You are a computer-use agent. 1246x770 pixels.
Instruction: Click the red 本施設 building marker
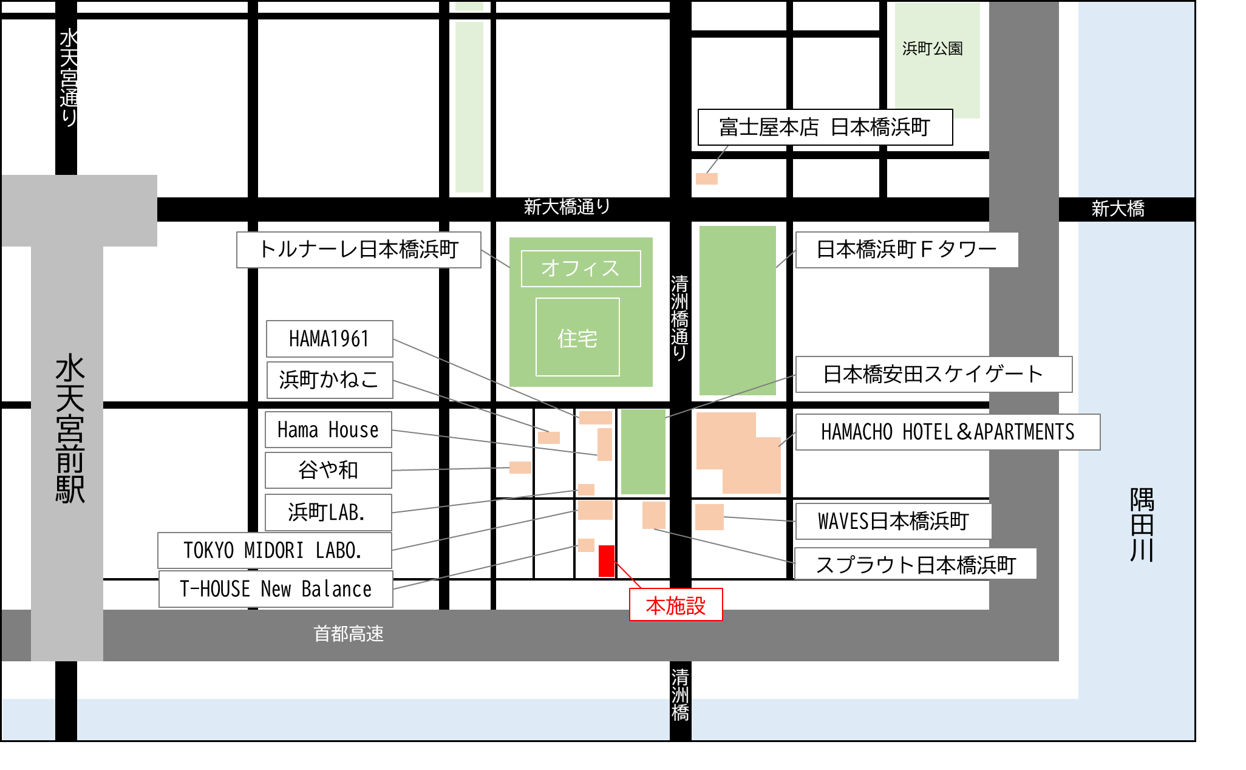coord(606,560)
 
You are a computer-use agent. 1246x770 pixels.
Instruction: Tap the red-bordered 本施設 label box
coord(676,605)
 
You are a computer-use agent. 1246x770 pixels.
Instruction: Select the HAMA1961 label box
coord(329,339)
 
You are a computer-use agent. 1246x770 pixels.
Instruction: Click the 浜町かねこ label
coord(329,380)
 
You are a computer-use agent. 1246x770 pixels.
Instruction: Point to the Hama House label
coord(328,430)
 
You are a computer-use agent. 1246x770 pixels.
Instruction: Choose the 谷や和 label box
coord(328,470)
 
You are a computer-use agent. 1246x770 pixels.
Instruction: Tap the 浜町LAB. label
coord(328,513)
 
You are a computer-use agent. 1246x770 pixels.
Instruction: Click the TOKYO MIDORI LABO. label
coord(274,551)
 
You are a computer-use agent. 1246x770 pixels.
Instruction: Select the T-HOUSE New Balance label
coord(276,589)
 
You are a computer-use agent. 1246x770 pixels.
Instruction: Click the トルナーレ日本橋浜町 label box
coord(358,250)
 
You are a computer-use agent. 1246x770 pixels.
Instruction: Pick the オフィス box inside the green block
coord(580,268)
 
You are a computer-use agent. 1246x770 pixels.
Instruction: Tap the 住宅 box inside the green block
coord(577,338)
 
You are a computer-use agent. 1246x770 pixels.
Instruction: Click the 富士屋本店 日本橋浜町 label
coord(825,128)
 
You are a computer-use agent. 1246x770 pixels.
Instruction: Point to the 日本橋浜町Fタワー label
coord(907,250)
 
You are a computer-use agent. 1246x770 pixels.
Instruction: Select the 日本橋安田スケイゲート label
coord(933,375)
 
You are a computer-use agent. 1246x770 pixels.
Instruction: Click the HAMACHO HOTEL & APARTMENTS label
coord(947,432)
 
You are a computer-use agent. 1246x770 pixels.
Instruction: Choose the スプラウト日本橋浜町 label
coord(915,565)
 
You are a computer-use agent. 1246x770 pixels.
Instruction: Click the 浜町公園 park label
coord(933,49)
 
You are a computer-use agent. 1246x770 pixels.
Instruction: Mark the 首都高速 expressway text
coord(349,634)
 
